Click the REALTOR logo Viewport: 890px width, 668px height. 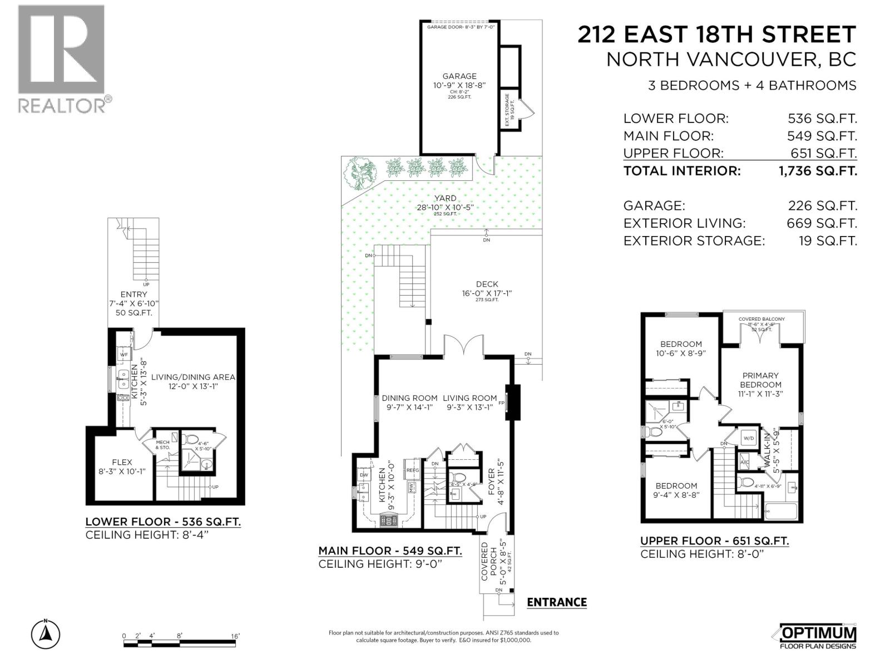coord(61,58)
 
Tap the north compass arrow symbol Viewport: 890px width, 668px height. coord(46,633)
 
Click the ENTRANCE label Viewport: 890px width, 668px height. coord(556,602)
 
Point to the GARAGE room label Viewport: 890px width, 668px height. coord(459,76)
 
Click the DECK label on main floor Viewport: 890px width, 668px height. coord(487,284)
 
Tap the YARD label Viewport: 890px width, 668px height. coord(445,198)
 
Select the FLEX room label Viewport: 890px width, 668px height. coord(122,462)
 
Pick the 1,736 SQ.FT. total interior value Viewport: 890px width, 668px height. coord(818,171)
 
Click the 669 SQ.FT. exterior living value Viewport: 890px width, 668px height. coord(822,223)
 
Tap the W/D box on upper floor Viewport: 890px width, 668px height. coord(749,438)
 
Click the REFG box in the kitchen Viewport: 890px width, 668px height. coord(412,470)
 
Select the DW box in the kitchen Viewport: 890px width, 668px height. coord(364,475)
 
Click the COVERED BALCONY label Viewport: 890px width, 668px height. coord(762,319)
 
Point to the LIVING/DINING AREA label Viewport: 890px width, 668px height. coord(193,377)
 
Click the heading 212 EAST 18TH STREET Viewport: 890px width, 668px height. coord(716,35)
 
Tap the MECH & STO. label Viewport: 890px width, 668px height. coord(162,444)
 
